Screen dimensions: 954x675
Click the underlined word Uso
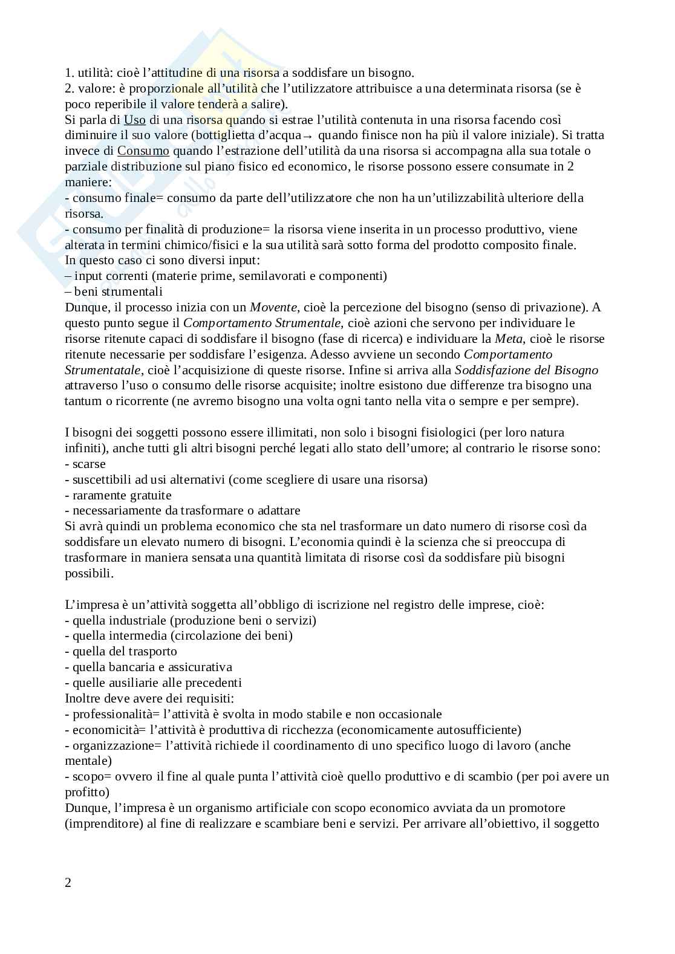[135, 120]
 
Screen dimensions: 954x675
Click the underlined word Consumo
[143, 151]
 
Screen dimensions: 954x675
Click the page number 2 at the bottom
[68, 883]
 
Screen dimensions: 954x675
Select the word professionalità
[108, 714]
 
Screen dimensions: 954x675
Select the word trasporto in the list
[152, 651]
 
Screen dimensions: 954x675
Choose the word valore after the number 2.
[93, 89]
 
